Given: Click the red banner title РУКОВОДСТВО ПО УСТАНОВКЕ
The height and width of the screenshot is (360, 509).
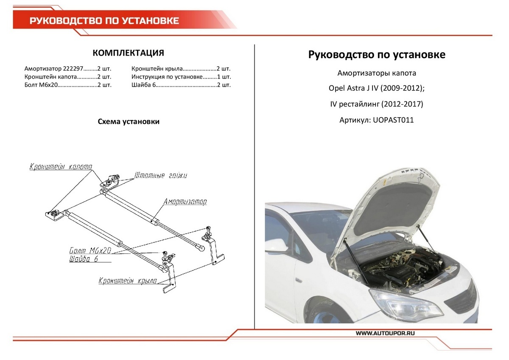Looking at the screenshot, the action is [x=104, y=21].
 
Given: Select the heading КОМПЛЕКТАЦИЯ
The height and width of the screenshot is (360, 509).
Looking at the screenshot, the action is [x=128, y=53].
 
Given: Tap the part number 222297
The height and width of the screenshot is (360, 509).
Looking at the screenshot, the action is [x=73, y=69].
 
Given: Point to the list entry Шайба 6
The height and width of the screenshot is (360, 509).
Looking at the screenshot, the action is [x=142, y=85].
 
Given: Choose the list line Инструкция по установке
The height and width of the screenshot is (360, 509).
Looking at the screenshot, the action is [x=166, y=77].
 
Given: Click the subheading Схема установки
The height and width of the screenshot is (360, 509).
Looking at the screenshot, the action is [x=129, y=122].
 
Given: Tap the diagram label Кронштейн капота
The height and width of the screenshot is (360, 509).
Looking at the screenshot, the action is [x=61, y=167].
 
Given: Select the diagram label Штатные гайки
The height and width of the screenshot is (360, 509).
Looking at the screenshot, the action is [x=160, y=175].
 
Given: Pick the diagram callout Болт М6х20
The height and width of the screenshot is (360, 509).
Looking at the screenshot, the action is [x=89, y=250].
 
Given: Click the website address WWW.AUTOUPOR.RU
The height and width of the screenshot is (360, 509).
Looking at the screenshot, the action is [x=385, y=333].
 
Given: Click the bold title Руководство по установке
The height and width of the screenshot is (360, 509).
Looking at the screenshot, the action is [x=377, y=55].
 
